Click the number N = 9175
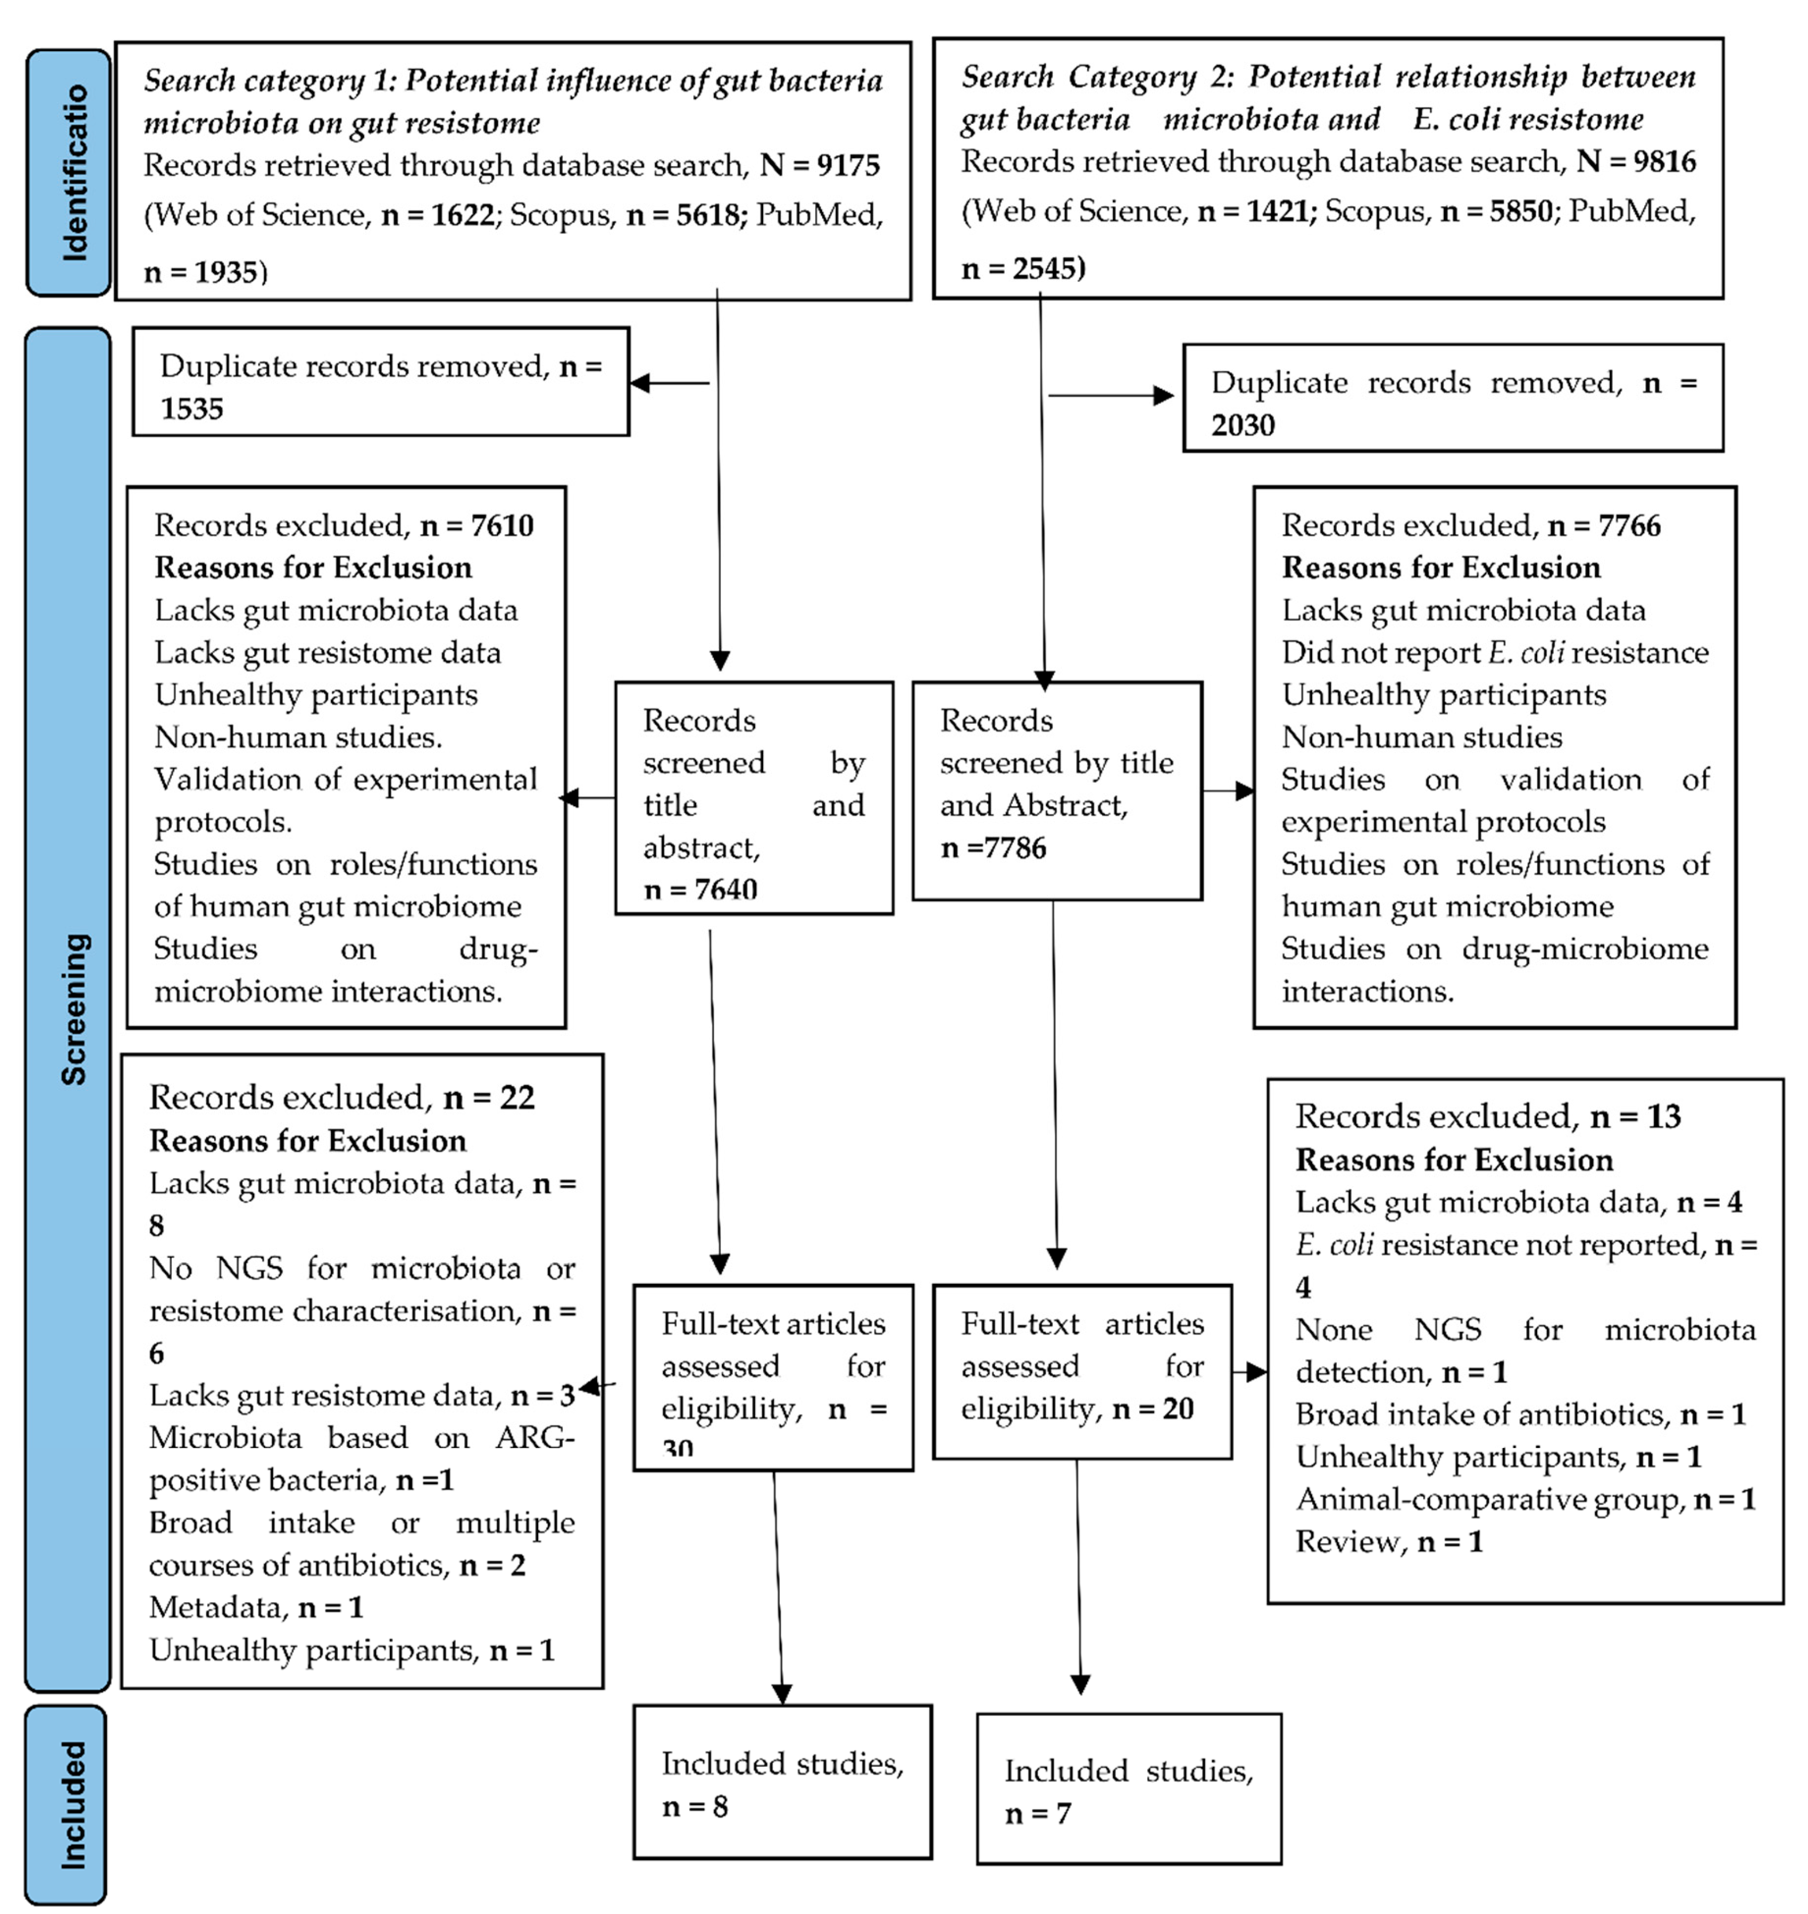pyautogui.click(x=819, y=166)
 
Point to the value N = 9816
pyautogui.click(x=1635, y=162)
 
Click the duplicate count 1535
pyautogui.click(x=191, y=409)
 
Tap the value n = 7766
pyautogui.click(x=1604, y=526)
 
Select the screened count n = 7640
pyautogui.click(x=700, y=889)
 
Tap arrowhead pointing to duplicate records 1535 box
pyautogui.click(x=639, y=383)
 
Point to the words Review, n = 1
pyautogui.click(x=1388, y=1542)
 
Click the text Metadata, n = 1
pyautogui.click(x=255, y=1608)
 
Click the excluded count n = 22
pyautogui.click(x=489, y=1097)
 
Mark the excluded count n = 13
pyautogui.click(x=1635, y=1117)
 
